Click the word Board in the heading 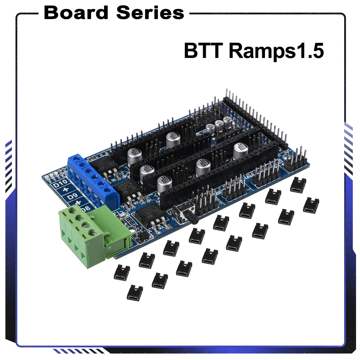tap(76, 13)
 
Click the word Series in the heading tap(150, 13)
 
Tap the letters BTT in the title tap(203, 51)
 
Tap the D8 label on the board tap(85, 208)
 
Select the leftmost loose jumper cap tap(122, 273)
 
